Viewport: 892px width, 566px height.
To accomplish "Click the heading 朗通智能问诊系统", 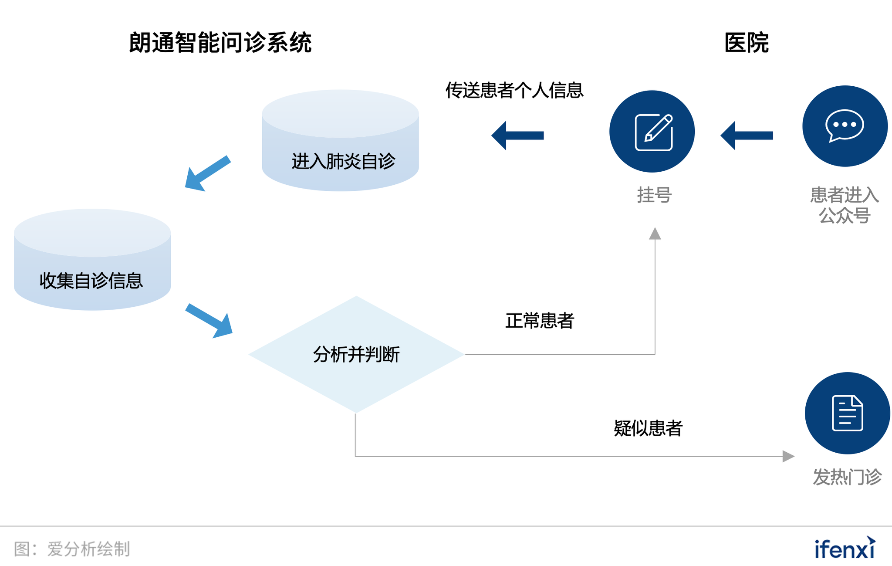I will tap(220, 43).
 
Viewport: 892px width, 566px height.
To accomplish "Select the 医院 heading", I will tap(746, 43).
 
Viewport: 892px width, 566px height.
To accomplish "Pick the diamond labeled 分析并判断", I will tap(356, 354).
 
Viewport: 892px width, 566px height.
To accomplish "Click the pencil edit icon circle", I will tap(652, 131).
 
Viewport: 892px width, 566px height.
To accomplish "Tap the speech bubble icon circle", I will tap(845, 126).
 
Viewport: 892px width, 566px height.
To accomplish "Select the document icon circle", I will tap(847, 413).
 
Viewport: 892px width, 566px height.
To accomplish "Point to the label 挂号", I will tap(654, 195).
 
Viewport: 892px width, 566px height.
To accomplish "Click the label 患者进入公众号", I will tap(844, 205).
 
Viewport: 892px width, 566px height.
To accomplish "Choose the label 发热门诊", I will tap(847, 477).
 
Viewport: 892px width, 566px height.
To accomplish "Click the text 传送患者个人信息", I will tap(514, 91).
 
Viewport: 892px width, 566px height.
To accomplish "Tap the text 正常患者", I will tap(539, 321).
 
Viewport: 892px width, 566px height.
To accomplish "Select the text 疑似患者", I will tap(648, 428).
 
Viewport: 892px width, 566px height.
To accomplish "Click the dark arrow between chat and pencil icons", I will tap(747, 136).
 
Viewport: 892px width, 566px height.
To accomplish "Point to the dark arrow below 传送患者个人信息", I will tap(517, 136).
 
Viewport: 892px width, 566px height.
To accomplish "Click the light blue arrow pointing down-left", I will tap(207, 173).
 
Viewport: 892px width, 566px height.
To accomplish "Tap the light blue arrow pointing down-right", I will tap(209, 321).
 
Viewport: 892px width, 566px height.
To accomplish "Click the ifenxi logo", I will tap(845, 548).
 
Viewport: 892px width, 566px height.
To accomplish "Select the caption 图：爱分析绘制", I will tap(72, 549).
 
